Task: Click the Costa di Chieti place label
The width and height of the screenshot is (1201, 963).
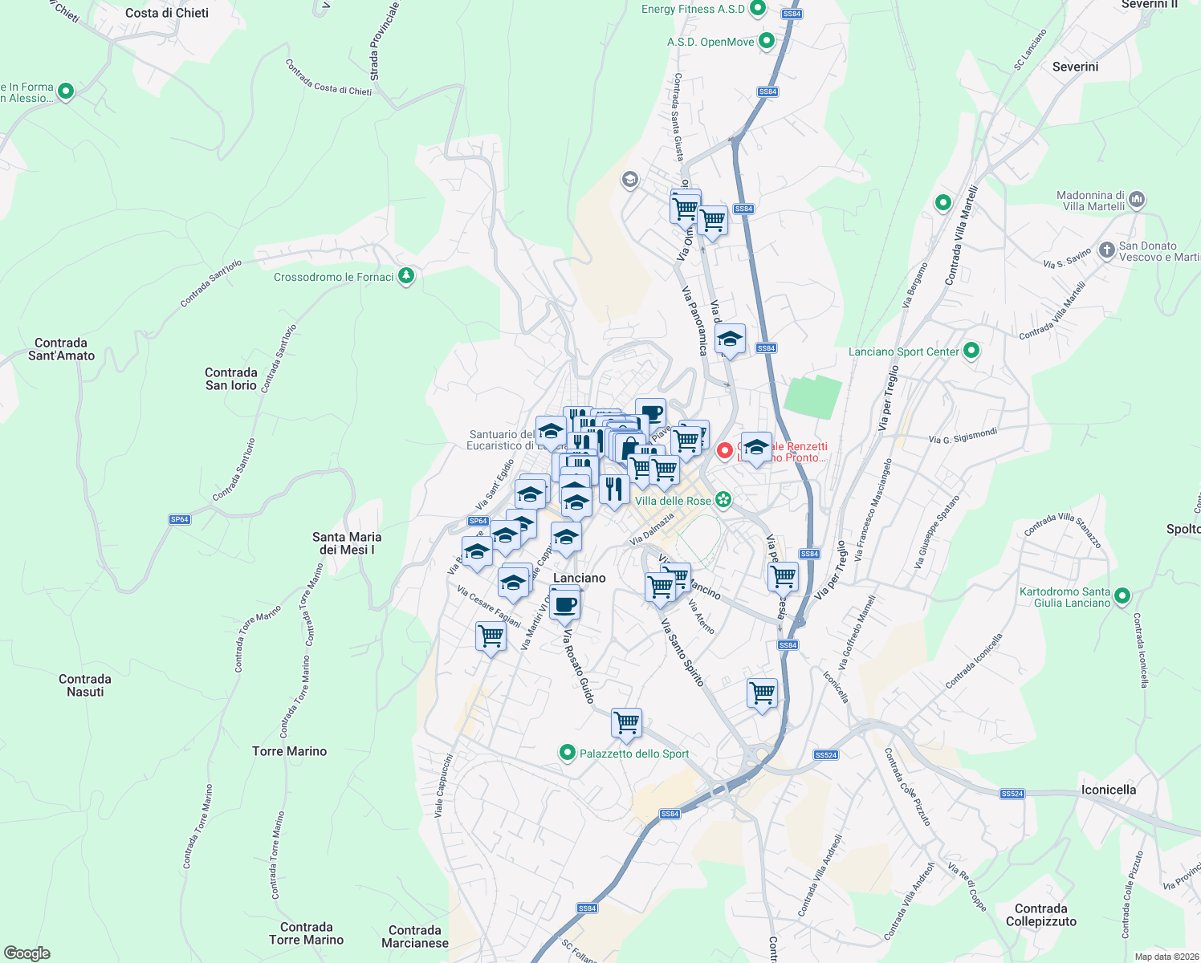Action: pos(167,13)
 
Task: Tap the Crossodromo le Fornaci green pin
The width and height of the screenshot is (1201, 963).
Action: pos(406,277)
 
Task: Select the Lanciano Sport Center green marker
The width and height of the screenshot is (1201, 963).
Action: pos(971,351)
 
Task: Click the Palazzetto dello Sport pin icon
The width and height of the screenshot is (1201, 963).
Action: pos(568,753)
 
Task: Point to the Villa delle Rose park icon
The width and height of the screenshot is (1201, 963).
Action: pos(723,500)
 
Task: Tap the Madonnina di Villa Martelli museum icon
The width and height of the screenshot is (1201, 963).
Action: pos(1136,199)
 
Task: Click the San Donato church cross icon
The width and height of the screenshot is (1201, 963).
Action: pos(1106,250)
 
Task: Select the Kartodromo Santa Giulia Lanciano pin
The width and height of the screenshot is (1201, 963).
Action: pos(1122,595)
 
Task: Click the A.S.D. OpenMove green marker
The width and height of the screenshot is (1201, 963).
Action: pos(767,41)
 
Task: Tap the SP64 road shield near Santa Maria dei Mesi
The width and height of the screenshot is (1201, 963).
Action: pos(180,519)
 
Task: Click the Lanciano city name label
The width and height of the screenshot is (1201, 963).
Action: pos(580,578)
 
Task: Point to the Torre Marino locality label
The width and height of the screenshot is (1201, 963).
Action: pos(289,751)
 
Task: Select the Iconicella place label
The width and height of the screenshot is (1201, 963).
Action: pos(1108,790)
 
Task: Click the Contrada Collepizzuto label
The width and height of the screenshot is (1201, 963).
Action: pos(1040,915)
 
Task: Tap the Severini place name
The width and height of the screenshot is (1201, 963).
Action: pos(1075,67)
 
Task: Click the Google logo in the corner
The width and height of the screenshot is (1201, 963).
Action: pos(27,953)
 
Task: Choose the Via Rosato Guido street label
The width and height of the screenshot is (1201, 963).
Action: pos(578,667)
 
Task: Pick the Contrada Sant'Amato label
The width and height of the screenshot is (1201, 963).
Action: pos(61,349)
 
